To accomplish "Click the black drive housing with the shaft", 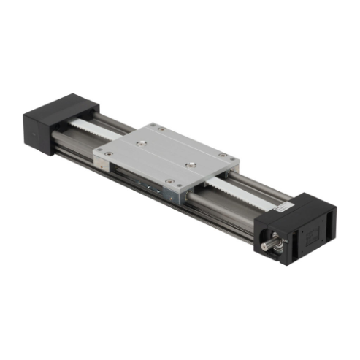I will click(299, 226).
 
